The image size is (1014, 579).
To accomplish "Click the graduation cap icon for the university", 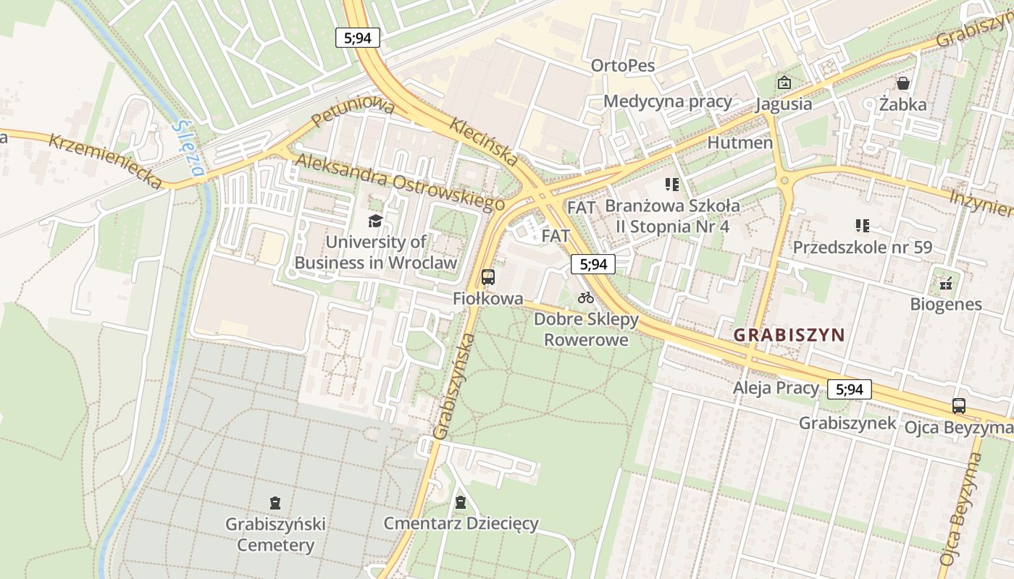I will click(375, 221).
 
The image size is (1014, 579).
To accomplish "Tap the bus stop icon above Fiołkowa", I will click(488, 276).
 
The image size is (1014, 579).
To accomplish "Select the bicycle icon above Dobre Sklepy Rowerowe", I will click(586, 297).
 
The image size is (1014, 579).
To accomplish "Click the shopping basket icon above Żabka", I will click(902, 83).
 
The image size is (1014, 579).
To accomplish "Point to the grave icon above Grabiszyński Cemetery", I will click(275, 502).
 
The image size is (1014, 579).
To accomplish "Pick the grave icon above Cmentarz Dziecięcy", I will click(461, 502).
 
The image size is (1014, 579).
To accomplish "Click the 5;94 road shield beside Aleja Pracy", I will click(850, 389).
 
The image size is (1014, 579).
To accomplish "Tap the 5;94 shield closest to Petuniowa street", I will click(358, 38).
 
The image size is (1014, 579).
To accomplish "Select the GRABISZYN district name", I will click(789, 335).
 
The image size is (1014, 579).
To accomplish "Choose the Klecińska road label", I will click(484, 142).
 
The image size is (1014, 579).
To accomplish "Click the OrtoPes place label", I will click(623, 66).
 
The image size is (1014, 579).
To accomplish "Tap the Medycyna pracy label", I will click(668, 101).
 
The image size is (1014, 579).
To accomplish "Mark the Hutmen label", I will click(739, 143).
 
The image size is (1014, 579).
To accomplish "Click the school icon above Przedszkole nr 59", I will click(862, 225).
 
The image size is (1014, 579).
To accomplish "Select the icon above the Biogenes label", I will click(945, 283).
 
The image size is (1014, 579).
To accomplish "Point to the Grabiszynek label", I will click(847, 423).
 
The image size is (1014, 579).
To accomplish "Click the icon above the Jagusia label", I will click(784, 83).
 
